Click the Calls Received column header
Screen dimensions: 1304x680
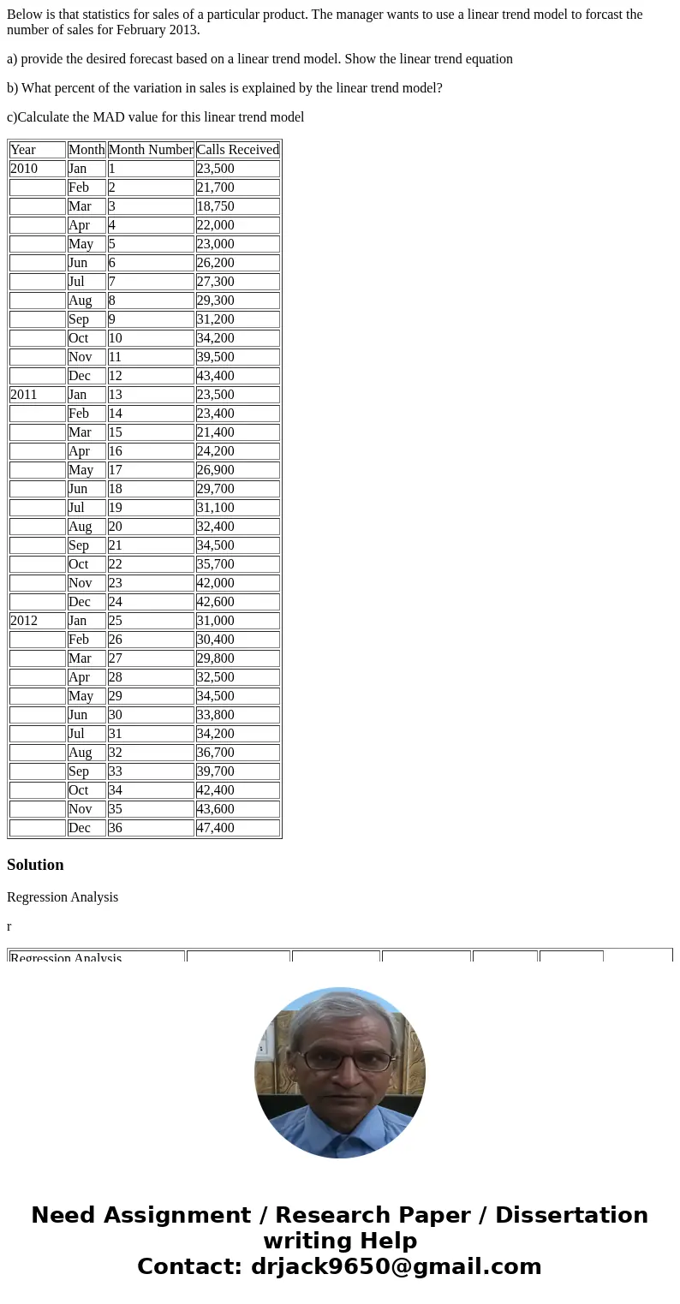coord(237,150)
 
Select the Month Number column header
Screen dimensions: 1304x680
coord(151,150)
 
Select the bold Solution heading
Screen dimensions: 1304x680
coord(35,865)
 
